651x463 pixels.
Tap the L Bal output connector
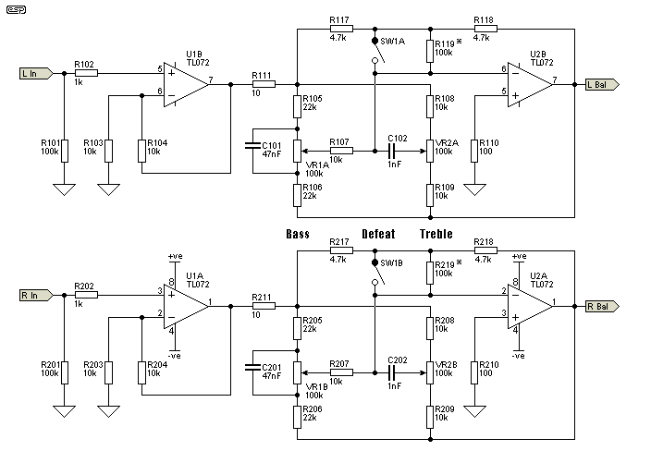pyautogui.click(x=601, y=83)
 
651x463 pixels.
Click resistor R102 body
pyautogui.click(x=85, y=70)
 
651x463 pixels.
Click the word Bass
pyautogui.click(x=299, y=234)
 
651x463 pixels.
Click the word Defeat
pyautogui.click(x=378, y=234)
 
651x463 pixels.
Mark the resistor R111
pyautogui.click(x=263, y=83)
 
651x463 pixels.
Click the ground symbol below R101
pyautogui.click(x=65, y=189)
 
